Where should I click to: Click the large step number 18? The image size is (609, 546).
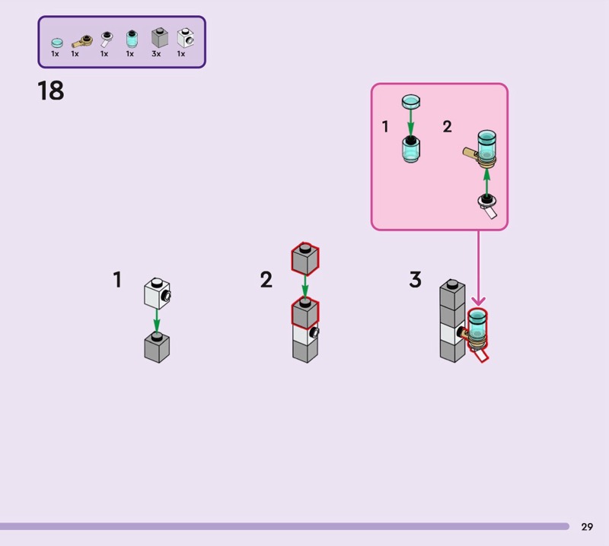pos(51,90)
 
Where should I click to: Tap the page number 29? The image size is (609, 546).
pos(587,526)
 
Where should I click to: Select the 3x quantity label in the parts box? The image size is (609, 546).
pos(156,54)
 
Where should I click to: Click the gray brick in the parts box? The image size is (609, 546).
pos(160,37)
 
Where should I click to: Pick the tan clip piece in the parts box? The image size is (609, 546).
pos(82,41)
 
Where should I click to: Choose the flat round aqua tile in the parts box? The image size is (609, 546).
pos(57,43)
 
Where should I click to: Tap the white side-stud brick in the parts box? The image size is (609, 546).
pos(185,37)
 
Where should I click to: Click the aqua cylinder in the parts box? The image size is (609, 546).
pos(132,39)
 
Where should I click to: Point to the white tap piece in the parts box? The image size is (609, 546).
pos(106,40)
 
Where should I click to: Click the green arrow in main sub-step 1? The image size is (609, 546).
pos(157,321)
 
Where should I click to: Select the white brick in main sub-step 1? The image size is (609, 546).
pos(158,293)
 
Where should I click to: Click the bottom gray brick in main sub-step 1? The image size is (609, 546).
pos(157,348)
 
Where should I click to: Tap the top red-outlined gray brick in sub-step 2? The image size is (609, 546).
pos(305,259)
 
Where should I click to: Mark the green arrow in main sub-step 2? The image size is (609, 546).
pos(305,287)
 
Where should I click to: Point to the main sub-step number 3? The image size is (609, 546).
pos(415,279)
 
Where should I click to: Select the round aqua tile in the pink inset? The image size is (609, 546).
pos(411,102)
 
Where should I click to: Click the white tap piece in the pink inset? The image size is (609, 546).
pos(488,206)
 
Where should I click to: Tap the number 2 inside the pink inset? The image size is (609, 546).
pos(448,126)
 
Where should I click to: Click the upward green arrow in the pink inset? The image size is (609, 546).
pos(486,183)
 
